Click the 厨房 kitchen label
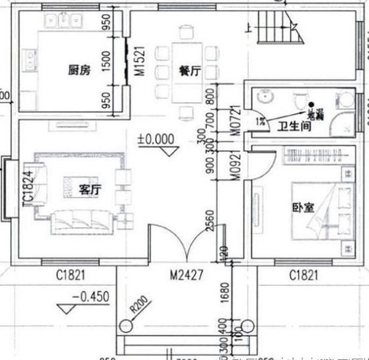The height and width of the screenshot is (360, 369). [78, 70]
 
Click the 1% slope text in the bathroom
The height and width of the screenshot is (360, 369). [260, 121]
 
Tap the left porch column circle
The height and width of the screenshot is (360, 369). [127, 326]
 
